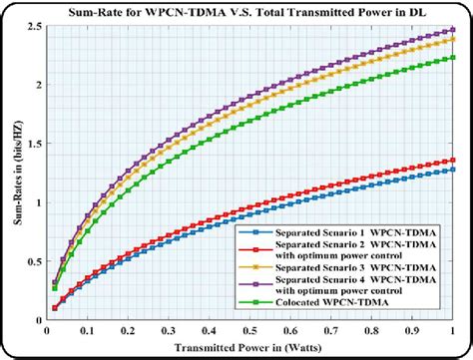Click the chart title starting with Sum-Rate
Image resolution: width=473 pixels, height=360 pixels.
coord(243,12)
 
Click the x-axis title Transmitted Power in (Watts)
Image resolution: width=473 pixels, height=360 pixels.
coord(244,348)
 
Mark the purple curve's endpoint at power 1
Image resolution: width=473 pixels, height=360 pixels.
coord(452,31)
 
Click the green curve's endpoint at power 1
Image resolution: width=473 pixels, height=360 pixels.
coord(452,58)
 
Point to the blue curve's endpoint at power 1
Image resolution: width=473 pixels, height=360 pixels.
coord(452,170)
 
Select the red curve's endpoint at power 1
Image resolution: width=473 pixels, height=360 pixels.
coord(452,160)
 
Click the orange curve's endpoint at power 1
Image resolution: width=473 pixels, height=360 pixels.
coord(452,39)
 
